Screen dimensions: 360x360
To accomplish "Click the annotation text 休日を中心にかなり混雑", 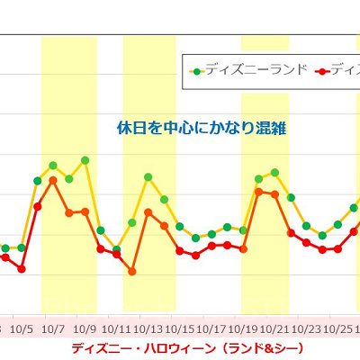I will pyautogui.click(x=201, y=128).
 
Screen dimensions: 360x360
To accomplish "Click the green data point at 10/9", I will pyautogui.click(x=85, y=160).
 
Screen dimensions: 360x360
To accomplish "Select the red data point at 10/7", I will pyautogui.click(x=53, y=180).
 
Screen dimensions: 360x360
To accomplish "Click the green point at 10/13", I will pyautogui.click(x=148, y=177).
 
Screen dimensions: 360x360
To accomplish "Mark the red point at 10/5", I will pyautogui.click(x=22, y=268).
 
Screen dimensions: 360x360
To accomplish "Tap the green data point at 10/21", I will pyautogui.click(x=274, y=172).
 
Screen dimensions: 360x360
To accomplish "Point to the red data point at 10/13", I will pyautogui.click(x=148, y=212).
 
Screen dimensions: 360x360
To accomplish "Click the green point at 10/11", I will pyautogui.click(x=116, y=249).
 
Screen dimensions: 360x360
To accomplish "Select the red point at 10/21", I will pyautogui.click(x=274, y=194).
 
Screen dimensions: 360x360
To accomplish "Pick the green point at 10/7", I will pyautogui.click(x=53, y=166).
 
